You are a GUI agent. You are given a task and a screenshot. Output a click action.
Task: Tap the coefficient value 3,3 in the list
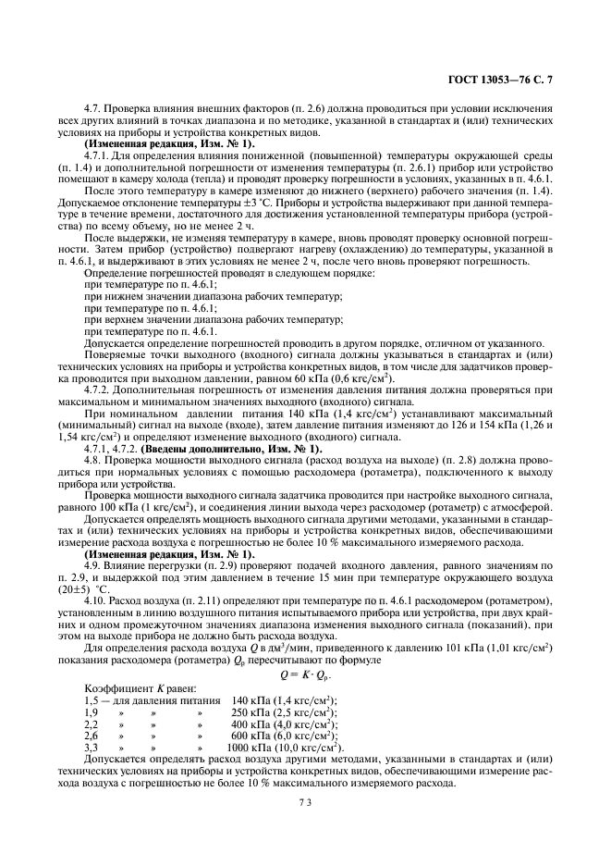(x=92, y=747)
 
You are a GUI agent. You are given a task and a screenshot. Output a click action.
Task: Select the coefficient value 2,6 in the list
(x=92, y=736)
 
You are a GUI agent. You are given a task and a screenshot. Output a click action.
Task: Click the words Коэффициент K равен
(x=127, y=689)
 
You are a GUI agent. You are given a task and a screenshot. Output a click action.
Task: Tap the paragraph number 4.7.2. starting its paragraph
(x=98, y=390)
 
